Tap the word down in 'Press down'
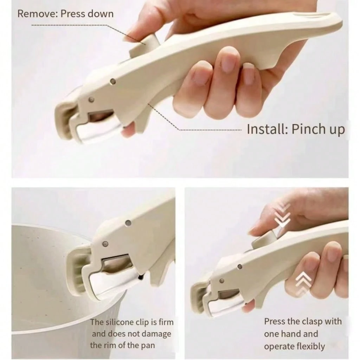coord(101,14)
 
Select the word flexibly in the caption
coord(310,346)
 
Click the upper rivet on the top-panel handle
coord(113,81)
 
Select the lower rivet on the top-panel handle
coord(92,99)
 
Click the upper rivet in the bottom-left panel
coord(128,223)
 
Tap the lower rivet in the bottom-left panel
coord(105,244)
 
